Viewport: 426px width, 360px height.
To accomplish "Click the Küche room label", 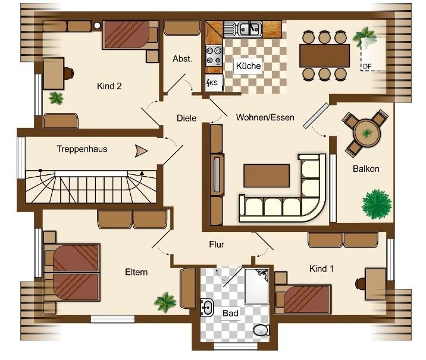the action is pos(248,65).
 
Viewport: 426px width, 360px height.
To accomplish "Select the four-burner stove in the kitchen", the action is pos(214,56).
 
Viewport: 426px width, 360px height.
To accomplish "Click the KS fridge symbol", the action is pos(214,83).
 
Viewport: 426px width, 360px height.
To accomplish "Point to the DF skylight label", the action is pos(367,67).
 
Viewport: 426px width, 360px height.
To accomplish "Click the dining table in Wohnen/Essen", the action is pos(324,56).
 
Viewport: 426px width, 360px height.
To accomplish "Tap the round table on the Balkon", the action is pos(367,133).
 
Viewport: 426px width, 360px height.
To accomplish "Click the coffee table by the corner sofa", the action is pos(267,176).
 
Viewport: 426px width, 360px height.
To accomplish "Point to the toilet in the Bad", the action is pos(261,330).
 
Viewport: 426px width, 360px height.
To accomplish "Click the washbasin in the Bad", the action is pos(206,308).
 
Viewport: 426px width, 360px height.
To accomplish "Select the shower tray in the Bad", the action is pos(257,286).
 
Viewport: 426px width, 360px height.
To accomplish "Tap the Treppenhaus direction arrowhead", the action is pos(141,151).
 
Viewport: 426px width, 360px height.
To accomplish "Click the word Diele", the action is pos(186,118).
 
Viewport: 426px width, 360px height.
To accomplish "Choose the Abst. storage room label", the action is pos(182,59).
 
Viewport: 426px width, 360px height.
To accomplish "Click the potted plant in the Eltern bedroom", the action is pos(165,302).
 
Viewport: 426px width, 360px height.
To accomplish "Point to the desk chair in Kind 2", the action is pos(68,73).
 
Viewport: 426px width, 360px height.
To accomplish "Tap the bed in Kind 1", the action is pos(303,299).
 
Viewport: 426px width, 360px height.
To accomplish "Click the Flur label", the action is pos(217,245).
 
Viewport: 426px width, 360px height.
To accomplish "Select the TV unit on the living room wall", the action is pos(217,174).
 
